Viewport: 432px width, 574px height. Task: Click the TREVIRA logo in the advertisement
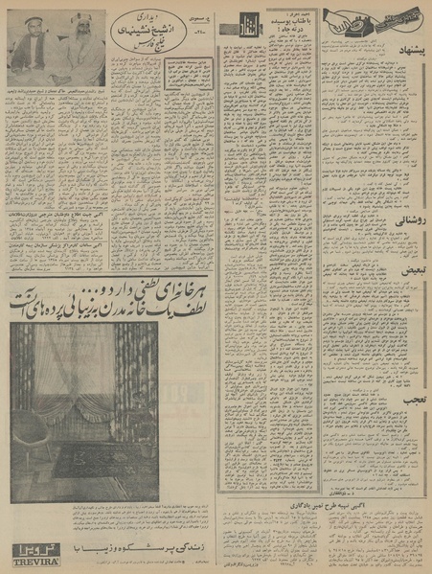(x=33, y=551)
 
